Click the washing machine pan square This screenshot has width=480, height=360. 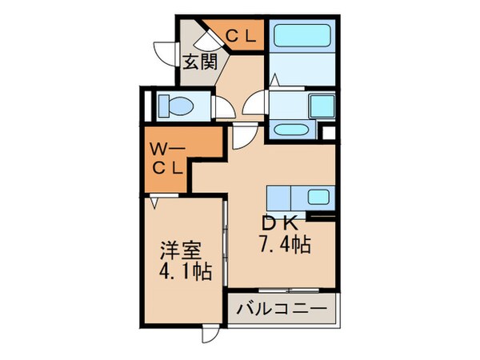(320, 104)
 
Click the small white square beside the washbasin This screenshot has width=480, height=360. (326, 132)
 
